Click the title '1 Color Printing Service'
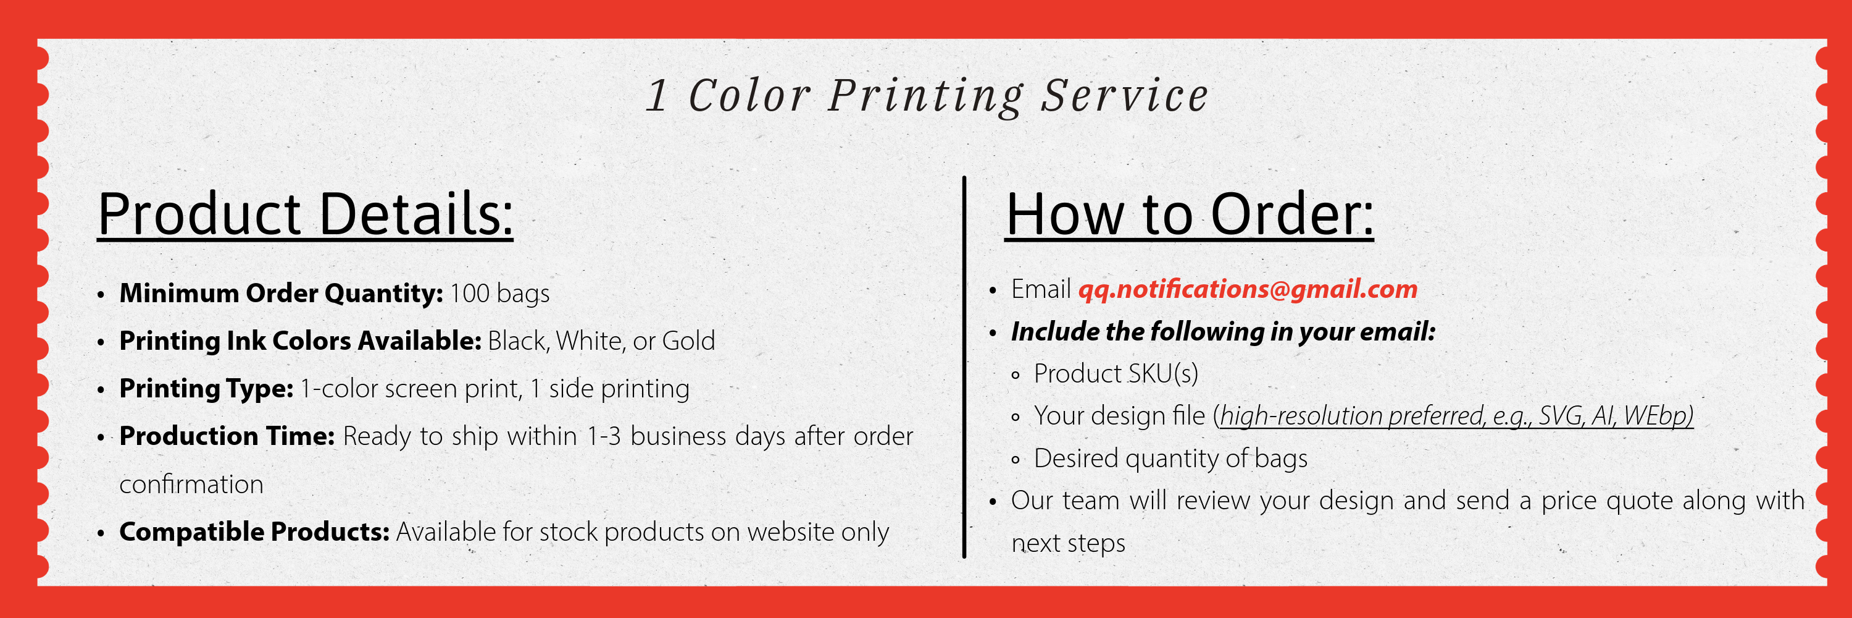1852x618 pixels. (927, 96)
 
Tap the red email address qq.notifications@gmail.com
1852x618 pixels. (1248, 289)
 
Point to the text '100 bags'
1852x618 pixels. (499, 294)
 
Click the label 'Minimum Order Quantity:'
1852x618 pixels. (281, 294)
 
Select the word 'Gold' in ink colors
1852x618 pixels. (688, 341)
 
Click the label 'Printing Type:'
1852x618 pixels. (206, 389)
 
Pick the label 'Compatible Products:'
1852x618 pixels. (254, 531)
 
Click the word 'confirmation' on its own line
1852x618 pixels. (191, 484)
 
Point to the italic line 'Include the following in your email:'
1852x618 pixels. (1223, 332)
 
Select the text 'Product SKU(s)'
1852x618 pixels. (1116, 374)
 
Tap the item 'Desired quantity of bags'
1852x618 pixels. (1170, 459)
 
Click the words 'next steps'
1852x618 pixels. (1069, 543)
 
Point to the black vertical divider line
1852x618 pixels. (964, 367)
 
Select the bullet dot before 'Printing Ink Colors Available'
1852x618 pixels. (101, 342)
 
